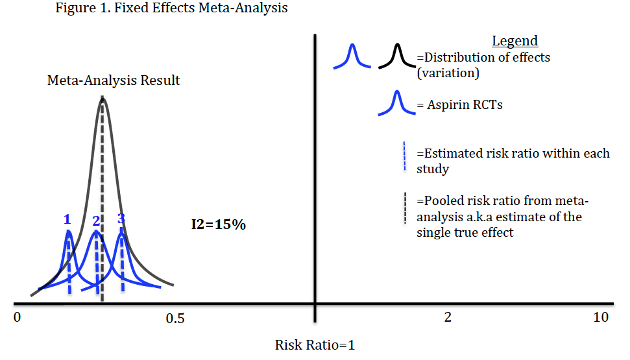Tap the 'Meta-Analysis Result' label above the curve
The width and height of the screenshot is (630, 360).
114,81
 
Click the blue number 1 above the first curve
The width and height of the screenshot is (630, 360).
67,219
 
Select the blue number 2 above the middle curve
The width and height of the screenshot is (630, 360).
95,221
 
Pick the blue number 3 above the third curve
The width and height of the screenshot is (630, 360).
121,219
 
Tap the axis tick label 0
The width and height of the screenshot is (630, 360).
18,318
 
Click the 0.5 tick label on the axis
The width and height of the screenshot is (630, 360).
175,318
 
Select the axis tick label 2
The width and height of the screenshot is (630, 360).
447,318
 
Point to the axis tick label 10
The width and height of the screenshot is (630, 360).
601,318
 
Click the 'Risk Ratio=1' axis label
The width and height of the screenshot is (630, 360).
315,345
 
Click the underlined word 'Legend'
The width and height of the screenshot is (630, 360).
515,41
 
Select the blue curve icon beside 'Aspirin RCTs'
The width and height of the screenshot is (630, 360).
396,103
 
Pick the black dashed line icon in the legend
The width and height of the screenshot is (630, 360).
405,208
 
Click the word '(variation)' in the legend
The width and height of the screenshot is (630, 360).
448,73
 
